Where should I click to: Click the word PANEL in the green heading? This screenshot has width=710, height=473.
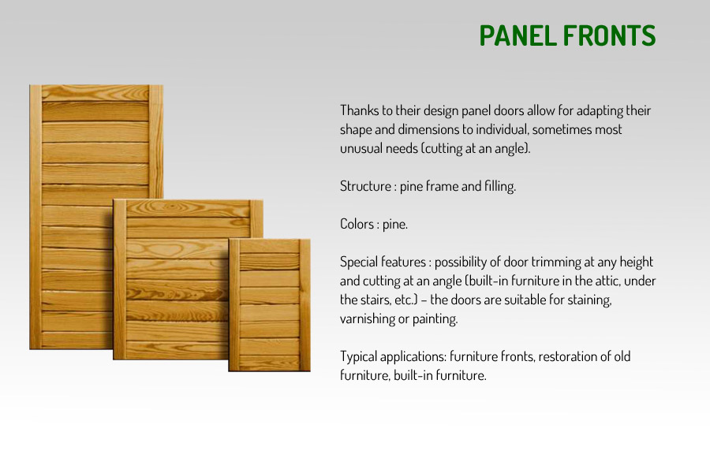pos(517,35)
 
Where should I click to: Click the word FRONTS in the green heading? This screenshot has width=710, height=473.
pos(610,35)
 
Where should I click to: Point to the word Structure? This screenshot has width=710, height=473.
pos(365,186)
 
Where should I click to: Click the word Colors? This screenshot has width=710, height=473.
pos(357,224)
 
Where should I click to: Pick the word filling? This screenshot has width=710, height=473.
pos(500,186)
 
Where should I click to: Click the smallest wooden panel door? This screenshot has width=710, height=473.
pos(270,305)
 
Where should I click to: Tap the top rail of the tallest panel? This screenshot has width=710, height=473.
pos(95,93)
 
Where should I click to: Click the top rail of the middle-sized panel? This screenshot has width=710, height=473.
pos(188,208)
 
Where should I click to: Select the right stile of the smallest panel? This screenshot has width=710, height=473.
pos(305,305)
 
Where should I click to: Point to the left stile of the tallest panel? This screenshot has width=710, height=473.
pos(35,218)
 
